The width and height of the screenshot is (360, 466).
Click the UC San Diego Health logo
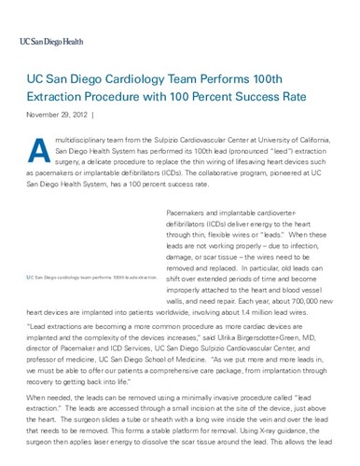[57, 42]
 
